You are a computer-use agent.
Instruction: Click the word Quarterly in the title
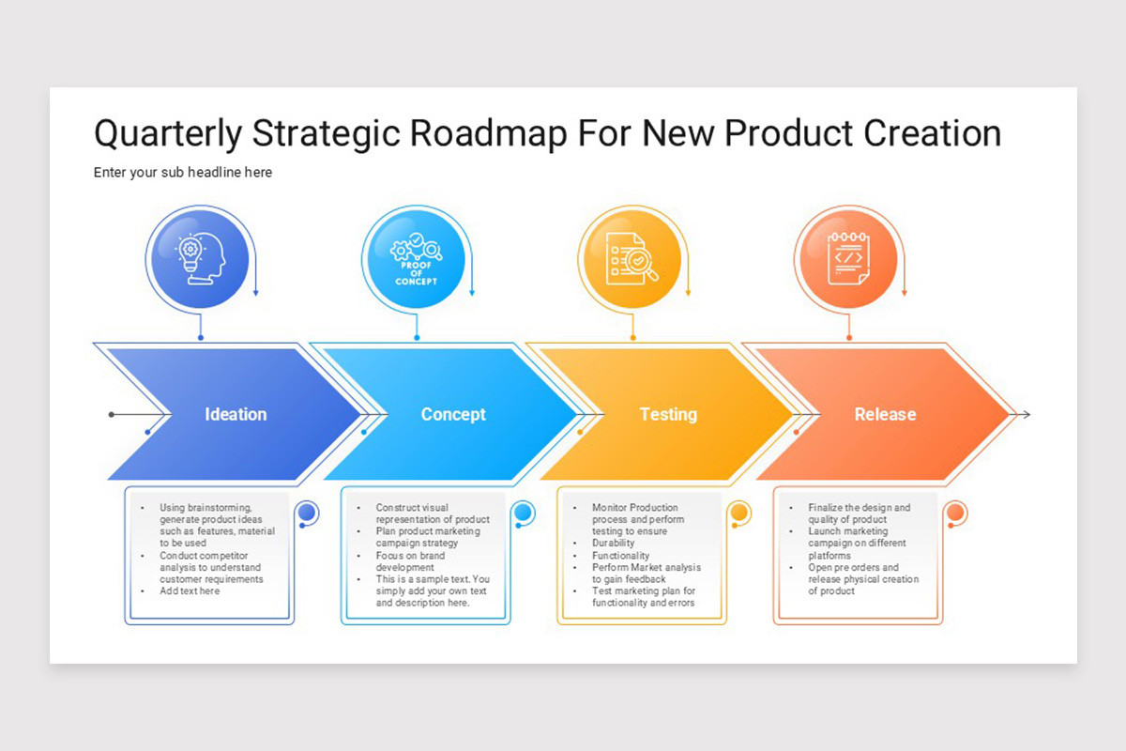pos(168,134)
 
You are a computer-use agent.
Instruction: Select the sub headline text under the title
pos(183,173)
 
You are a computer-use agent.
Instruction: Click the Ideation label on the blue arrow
pos(236,414)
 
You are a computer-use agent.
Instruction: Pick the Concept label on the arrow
pos(453,414)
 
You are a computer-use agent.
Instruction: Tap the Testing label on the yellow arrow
pos(668,414)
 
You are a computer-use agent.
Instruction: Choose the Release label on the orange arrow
pos(885,414)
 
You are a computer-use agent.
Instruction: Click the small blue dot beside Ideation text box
pos(307,513)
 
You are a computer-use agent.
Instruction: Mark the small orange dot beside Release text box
pos(955,513)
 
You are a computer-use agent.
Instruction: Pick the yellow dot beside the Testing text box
pos(739,513)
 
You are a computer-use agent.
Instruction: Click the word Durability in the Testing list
pos(614,544)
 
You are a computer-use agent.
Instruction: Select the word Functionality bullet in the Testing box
pos(620,556)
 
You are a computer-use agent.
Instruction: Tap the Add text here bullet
pos(190,591)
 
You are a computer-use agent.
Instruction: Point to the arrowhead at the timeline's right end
pos(1026,414)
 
